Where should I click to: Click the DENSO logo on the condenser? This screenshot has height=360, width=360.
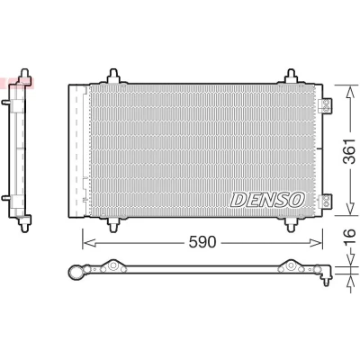(267, 200)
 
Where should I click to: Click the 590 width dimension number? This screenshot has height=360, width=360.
(202, 242)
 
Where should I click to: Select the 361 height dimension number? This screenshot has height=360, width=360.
(350, 151)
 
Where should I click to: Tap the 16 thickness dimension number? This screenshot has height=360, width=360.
(350, 238)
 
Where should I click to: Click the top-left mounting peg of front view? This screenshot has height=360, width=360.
(113, 76)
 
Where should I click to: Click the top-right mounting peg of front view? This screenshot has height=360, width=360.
(291, 76)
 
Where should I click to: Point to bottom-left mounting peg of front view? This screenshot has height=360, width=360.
(113, 224)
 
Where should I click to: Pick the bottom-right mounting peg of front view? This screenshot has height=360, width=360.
(291, 224)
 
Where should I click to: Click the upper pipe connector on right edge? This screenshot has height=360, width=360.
(325, 105)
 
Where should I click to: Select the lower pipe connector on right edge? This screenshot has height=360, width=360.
(325, 201)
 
